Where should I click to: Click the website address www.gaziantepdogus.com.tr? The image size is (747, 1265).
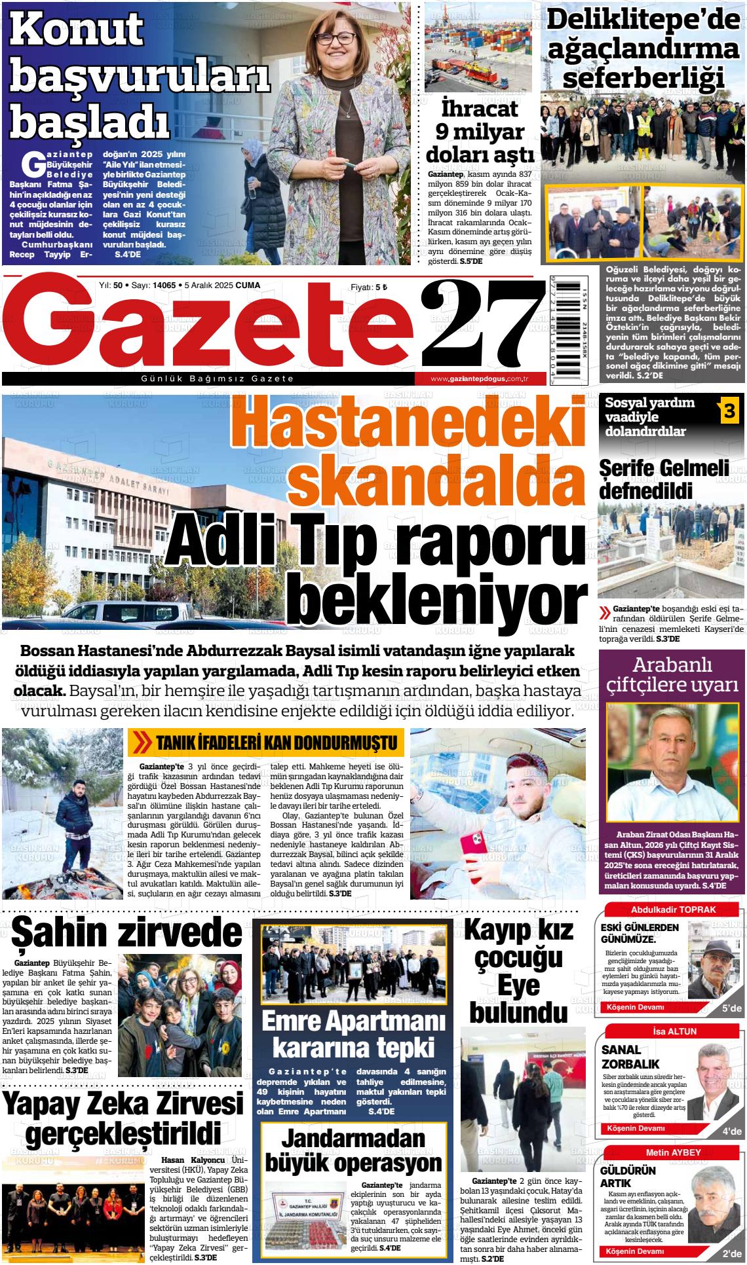pos(480,379)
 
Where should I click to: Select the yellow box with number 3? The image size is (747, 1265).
pos(729,411)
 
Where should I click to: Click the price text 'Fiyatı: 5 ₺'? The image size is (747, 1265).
pos(370,287)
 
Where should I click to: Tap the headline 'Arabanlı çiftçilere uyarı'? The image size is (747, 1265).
pos(672,675)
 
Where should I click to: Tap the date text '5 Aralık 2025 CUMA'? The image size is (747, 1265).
pos(222,285)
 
